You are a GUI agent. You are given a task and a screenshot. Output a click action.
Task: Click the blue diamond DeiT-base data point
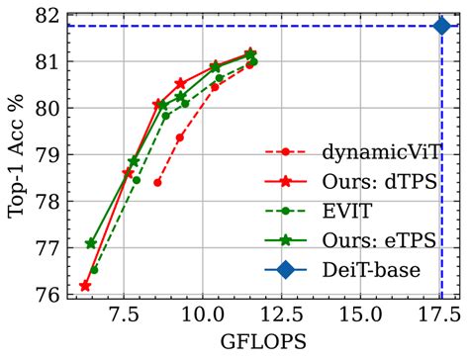click(441, 25)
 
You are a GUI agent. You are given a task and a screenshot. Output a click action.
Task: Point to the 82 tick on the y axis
click(45, 14)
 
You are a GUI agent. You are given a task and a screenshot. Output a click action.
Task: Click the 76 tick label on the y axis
click(45, 295)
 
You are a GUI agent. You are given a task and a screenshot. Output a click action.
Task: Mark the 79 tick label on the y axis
click(45, 154)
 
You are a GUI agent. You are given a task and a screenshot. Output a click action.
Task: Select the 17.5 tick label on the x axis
click(441, 316)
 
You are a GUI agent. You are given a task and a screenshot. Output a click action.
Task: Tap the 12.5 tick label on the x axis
click(283, 316)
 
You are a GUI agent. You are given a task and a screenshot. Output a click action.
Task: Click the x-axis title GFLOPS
click(263, 341)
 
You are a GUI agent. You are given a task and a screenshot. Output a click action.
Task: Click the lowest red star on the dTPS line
click(85, 286)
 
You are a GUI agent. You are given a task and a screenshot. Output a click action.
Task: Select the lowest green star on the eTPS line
click(91, 243)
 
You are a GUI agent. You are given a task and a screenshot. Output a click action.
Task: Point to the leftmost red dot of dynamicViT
click(157, 182)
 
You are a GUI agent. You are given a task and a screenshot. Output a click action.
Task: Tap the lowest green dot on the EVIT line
click(94, 269)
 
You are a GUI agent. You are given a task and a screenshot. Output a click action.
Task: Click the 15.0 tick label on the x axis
click(362, 316)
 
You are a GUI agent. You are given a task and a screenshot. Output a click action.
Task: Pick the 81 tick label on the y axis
click(45, 61)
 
